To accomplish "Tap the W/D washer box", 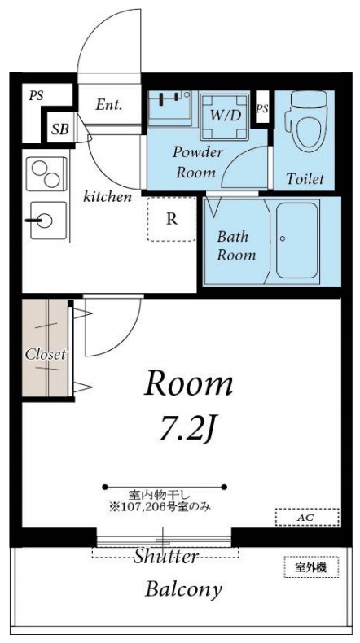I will [x=225, y=116].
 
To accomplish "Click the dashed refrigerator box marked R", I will [x=172, y=218].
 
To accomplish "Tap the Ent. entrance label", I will [x=108, y=104].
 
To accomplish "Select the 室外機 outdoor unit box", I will [x=310, y=567].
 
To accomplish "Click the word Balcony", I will [x=183, y=589].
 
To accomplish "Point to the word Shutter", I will [x=166, y=557].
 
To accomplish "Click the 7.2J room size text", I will [x=188, y=429].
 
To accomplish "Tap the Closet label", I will [x=45, y=354].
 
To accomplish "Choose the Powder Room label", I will [x=194, y=162].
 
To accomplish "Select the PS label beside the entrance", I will [x=36, y=95].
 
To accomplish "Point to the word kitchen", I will [x=108, y=196].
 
